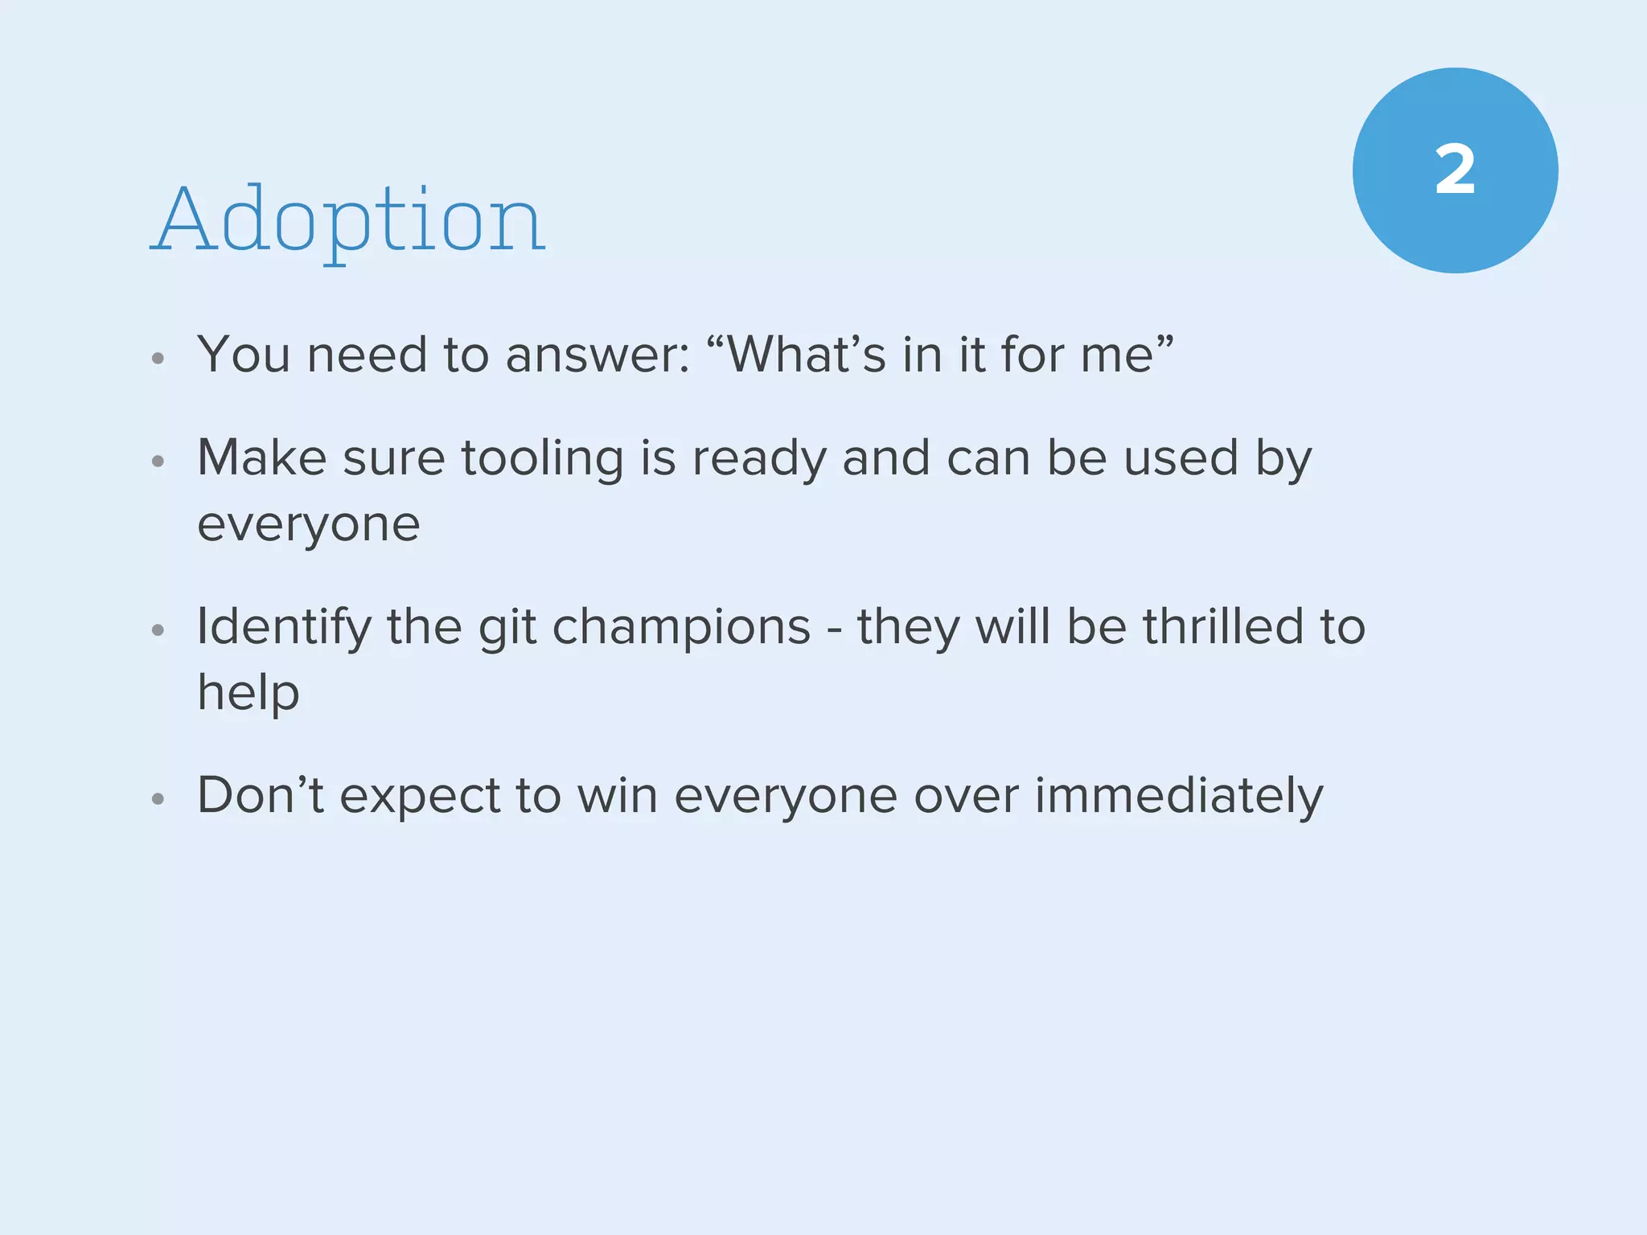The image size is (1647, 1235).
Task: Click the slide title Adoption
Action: (x=347, y=219)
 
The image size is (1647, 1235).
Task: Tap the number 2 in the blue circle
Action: (x=1455, y=170)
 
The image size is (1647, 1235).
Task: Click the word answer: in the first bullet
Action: (x=598, y=355)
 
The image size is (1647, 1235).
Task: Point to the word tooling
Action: (x=542, y=460)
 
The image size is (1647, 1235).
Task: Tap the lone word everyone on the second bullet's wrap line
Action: (x=308, y=526)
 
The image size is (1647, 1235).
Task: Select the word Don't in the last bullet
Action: (x=261, y=795)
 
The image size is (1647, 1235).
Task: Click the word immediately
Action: (x=1178, y=797)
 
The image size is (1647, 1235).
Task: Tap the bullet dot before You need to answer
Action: (x=158, y=359)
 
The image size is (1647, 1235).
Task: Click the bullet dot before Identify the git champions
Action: (x=158, y=630)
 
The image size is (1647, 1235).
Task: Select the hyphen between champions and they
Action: (x=834, y=630)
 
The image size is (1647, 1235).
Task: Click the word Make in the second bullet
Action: (x=261, y=458)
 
